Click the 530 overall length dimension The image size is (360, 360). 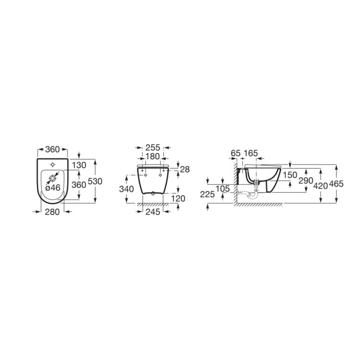pos(95,181)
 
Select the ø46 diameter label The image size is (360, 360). pos(53,188)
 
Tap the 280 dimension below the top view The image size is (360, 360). pos(52,211)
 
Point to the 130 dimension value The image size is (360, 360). pos(79,165)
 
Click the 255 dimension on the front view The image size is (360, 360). pos(153,148)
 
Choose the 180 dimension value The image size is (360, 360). pos(153,156)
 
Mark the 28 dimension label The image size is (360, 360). pos(185,170)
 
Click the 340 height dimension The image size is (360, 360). pos(126,189)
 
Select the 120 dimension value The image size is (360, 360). pos(178,198)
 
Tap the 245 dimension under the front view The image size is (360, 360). pos(153,211)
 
